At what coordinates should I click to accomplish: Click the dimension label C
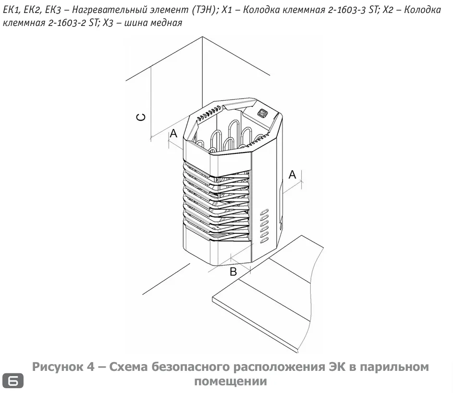141,117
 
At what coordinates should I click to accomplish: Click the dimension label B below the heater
233,272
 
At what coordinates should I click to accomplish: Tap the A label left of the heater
173,133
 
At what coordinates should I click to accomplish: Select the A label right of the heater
293,175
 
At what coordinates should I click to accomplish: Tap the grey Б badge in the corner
13,380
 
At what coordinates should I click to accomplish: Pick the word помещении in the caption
231,381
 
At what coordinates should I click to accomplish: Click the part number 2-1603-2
67,23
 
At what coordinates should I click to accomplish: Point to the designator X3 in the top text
108,23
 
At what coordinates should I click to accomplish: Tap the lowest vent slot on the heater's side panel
264,241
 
